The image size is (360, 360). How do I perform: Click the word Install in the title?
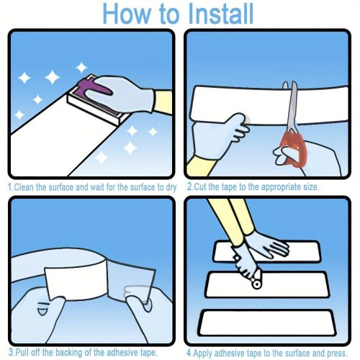coord(220,14)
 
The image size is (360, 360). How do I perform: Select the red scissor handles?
coord(294,150)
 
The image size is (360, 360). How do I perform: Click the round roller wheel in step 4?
coord(256,284)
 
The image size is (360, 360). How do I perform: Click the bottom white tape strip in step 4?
coord(266,323)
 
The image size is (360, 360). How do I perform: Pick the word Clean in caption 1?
coord(24,187)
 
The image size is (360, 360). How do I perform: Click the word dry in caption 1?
coord(171,187)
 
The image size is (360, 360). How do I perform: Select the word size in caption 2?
coord(311,186)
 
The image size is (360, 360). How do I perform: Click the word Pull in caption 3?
coord(22,352)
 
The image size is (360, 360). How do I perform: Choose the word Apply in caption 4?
coord(203,354)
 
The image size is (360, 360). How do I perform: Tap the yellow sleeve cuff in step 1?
coord(163,102)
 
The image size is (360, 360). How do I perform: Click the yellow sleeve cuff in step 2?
coord(201,166)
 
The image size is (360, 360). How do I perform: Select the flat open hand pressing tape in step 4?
coord(266,244)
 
